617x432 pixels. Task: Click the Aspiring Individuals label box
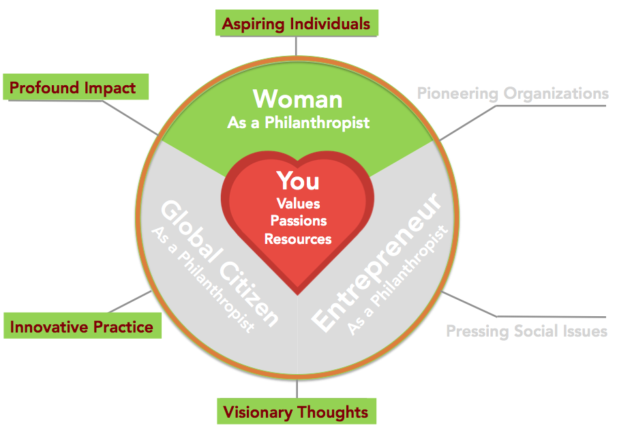pos(297,22)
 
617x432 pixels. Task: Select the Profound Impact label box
pos(76,87)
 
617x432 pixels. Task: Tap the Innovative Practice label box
pos(82,326)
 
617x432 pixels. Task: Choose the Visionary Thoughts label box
pos(297,411)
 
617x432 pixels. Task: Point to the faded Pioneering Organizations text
pos(513,93)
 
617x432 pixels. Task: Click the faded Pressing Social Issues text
pos(527,331)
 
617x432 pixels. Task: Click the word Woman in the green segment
pos(297,99)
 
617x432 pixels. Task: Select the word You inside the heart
pos(298,181)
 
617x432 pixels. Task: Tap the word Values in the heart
pos(298,204)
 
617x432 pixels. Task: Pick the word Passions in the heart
pos(299,221)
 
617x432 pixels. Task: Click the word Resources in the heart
pos(298,238)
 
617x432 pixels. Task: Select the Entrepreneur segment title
pos(376,262)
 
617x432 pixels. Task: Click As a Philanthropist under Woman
pos(298,123)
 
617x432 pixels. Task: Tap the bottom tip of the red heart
pos(298,294)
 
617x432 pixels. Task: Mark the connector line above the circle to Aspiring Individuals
pos(296,46)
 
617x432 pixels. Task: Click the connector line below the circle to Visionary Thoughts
pos(297,388)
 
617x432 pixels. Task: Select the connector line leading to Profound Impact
pos(130,118)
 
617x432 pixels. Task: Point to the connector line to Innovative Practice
pos(130,302)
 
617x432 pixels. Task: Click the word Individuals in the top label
pos(330,24)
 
